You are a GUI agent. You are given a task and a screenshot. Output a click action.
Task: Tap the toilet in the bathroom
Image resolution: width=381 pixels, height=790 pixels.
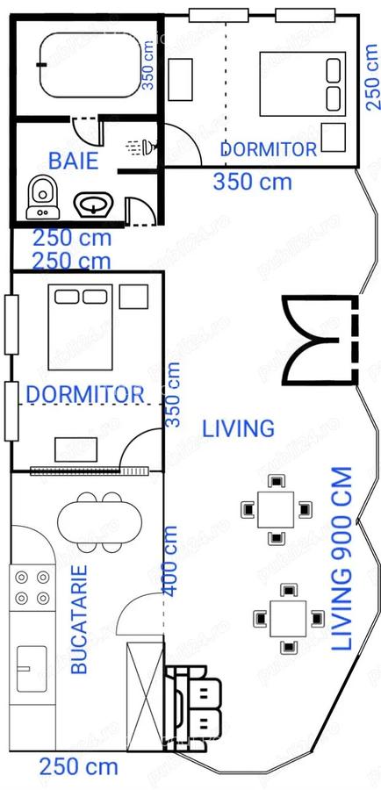(40, 197)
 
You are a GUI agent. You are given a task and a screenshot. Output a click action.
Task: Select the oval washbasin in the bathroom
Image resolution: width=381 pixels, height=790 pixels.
(92, 205)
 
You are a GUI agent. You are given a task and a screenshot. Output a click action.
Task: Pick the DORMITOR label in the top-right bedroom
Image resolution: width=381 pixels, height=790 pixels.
(267, 149)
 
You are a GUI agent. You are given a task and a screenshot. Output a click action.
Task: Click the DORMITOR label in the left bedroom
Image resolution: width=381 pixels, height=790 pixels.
(84, 393)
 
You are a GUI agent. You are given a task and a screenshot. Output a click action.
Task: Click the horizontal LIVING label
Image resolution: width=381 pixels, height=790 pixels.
(238, 428)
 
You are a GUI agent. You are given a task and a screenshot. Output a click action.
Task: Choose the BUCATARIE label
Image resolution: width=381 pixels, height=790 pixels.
(80, 619)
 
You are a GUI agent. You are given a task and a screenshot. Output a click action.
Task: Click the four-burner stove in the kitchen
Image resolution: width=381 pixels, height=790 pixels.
(32, 587)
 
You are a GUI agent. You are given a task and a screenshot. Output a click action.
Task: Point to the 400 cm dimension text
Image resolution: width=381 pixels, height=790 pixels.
(169, 561)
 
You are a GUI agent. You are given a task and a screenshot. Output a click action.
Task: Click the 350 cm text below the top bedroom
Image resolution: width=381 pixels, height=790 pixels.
(253, 182)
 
